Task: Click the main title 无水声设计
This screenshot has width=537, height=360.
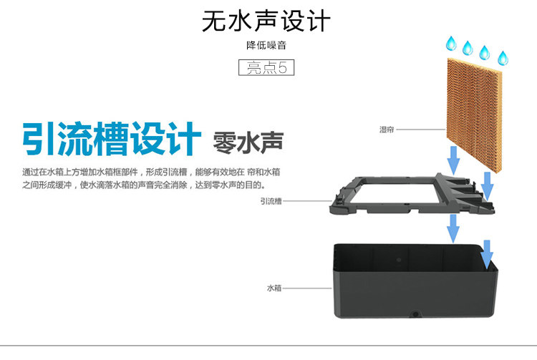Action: click(x=266, y=21)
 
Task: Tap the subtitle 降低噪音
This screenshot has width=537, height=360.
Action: click(x=266, y=46)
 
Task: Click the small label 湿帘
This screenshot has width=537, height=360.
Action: click(x=387, y=130)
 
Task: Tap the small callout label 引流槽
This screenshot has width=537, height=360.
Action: click(x=271, y=202)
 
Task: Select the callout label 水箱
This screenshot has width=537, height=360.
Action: click(x=274, y=288)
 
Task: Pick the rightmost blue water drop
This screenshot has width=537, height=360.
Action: click(x=502, y=57)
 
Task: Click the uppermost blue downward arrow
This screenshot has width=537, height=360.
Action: click(x=453, y=157)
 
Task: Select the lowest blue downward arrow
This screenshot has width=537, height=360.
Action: click(x=488, y=253)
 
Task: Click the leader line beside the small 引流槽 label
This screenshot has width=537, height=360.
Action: click(x=305, y=202)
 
